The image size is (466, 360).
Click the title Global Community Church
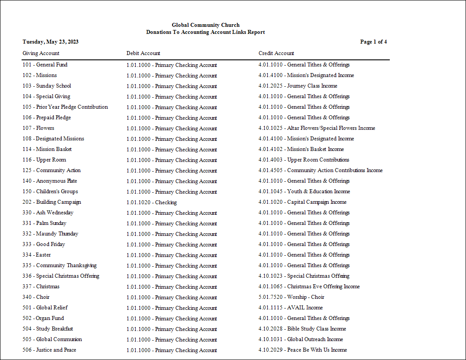click(x=206, y=25)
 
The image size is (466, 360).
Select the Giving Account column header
click(x=41, y=53)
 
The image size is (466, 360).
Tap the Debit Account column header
click(x=143, y=53)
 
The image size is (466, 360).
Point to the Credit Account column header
click(x=276, y=53)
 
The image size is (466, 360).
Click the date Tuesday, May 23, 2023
click(x=51, y=42)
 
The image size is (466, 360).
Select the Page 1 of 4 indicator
click(x=374, y=42)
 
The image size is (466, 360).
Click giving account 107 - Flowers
click(x=38, y=128)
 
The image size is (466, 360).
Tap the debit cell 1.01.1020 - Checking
click(x=152, y=202)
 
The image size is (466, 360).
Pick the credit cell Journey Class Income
click(x=298, y=86)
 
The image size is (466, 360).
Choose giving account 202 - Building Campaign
click(x=52, y=202)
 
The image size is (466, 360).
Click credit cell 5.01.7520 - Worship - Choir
click(x=292, y=297)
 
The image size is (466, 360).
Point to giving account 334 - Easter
click(x=37, y=255)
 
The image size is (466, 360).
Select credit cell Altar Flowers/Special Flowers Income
click(x=317, y=128)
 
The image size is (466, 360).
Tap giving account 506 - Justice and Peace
click(x=49, y=350)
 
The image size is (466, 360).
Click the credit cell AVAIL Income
click(x=291, y=308)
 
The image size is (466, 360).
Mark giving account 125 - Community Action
click(x=52, y=170)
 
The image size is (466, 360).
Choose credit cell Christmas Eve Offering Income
click(x=309, y=287)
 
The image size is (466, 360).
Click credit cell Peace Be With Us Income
click(x=303, y=350)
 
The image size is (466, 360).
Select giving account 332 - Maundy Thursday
click(x=51, y=234)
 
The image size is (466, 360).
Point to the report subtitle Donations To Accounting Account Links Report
click(x=206, y=32)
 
